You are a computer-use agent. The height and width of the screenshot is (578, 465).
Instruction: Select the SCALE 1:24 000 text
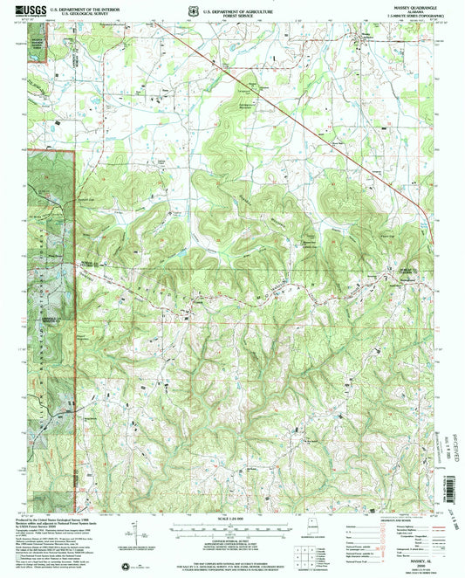click(232, 518)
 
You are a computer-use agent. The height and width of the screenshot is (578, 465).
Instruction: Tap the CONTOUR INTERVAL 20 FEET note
click(232, 542)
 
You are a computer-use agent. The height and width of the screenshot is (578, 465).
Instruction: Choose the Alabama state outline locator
click(308, 532)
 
